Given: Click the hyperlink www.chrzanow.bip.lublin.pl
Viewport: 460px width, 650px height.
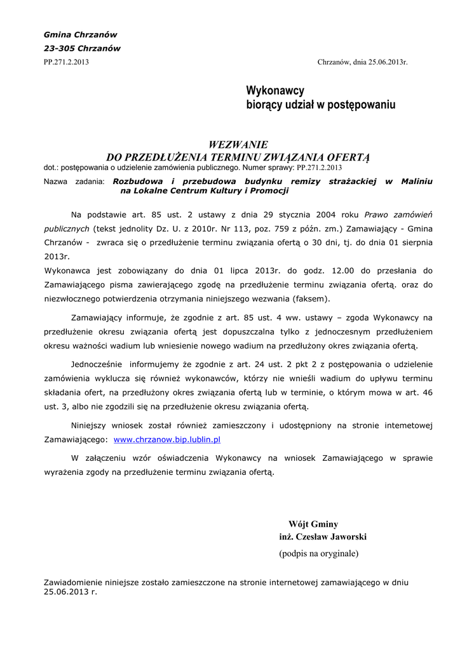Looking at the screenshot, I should coord(166,439).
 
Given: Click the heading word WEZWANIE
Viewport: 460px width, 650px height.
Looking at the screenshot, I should coord(238,145).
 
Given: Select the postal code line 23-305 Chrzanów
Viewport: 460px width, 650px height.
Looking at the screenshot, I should coord(82,48).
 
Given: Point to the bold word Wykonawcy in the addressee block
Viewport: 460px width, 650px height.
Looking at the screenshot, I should coord(275,91).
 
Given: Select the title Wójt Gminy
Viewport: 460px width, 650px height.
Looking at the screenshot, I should coord(313,524).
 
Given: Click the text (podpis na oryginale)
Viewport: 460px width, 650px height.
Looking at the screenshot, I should coord(318,554).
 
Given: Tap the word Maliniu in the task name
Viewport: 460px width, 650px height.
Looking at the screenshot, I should coord(417,182).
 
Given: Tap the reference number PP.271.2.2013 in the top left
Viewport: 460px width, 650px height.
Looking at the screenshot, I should coord(66,62).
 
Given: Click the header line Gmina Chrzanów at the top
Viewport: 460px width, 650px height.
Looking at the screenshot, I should coord(80,34).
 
